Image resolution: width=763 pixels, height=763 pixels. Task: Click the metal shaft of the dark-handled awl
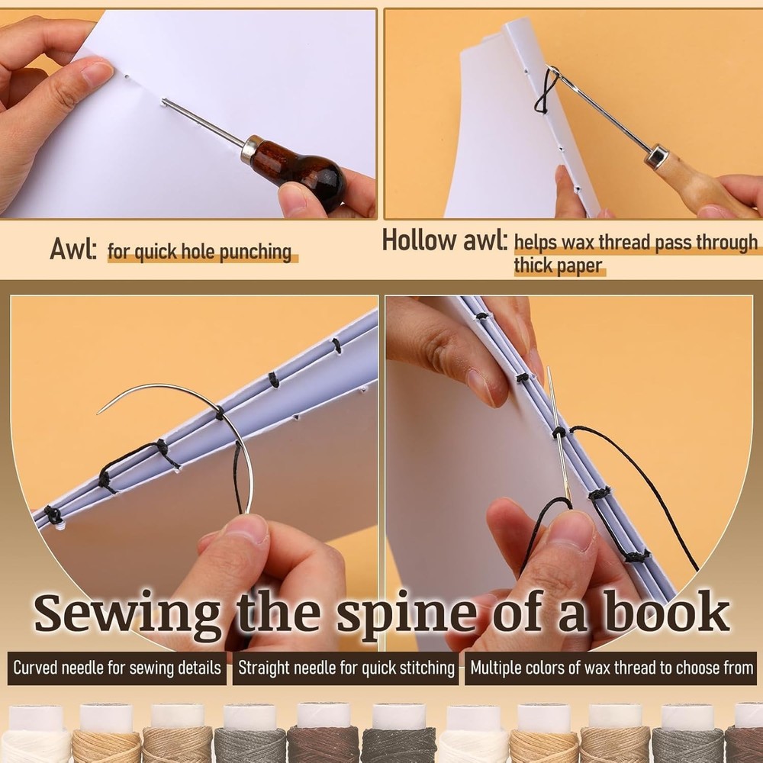(x=203, y=121)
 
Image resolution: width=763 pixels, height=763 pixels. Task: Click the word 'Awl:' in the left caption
(x=73, y=249)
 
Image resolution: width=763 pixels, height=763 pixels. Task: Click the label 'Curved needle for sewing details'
(x=117, y=668)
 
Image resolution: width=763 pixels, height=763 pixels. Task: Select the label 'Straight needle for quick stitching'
(x=346, y=668)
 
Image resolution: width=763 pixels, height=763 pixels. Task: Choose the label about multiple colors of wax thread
(x=611, y=668)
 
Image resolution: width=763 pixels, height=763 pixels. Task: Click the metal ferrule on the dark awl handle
(x=248, y=147)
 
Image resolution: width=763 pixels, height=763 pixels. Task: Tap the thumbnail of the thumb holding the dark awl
(x=293, y=192)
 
